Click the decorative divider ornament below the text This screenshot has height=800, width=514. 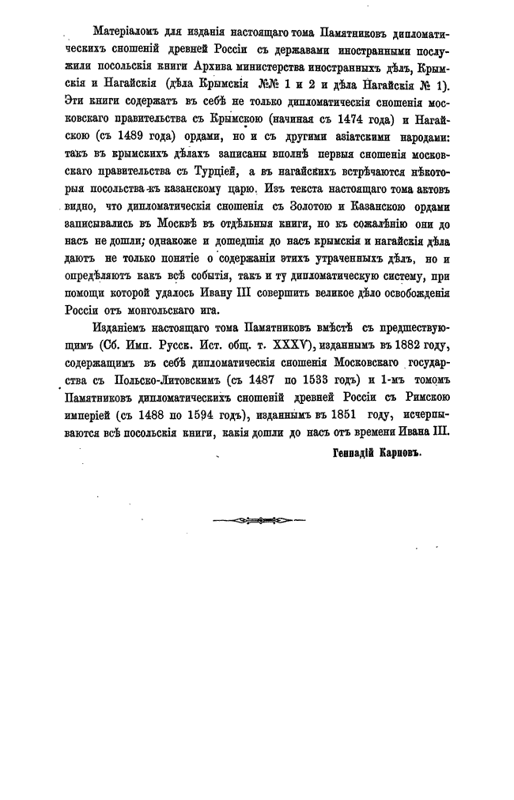[x=258, y=521]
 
